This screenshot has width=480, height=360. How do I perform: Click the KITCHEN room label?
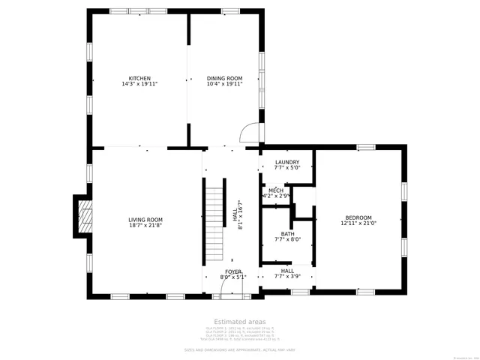(139, 78)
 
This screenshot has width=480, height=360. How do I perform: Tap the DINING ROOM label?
(225, 78)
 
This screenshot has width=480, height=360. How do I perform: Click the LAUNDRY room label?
(287, 162)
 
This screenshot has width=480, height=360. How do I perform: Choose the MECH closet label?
(276, 190)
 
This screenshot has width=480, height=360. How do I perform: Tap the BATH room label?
(287, 234)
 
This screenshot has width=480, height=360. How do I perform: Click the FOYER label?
(232, 271)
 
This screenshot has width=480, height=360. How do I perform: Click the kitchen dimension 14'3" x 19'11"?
(139, 84)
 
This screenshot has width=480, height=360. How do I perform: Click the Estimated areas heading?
(239, 321)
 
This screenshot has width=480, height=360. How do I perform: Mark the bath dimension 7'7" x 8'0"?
(287, 240)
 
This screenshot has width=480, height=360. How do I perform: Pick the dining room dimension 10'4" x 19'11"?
(225, 84)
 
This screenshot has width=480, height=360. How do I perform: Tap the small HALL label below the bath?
(287, 271)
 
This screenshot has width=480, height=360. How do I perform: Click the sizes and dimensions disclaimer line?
(239, 349)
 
